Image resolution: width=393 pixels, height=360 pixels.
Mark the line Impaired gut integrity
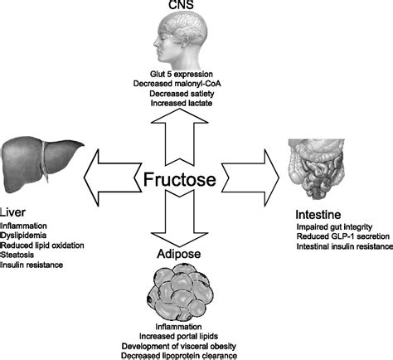pos(334,226)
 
